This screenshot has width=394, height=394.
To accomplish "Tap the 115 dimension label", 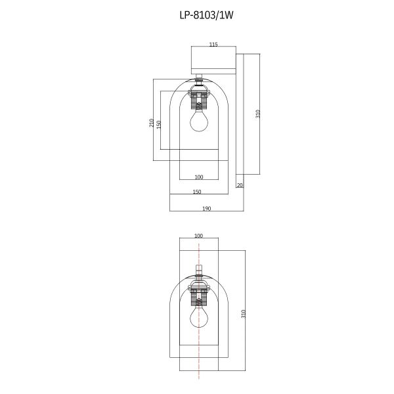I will (213, 45).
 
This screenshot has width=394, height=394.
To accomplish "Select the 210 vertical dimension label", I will (151, 123).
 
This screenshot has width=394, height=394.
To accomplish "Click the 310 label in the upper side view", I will (258, 114).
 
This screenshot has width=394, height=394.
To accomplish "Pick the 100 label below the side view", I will (199, 177).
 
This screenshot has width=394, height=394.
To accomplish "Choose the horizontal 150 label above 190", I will (196, 192).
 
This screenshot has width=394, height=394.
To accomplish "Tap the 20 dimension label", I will (240, 185).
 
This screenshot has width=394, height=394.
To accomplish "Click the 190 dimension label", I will (206, 208).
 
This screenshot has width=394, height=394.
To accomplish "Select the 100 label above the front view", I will (199, 236).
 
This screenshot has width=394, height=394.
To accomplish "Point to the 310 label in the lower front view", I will (243, 314).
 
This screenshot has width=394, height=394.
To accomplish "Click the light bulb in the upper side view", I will (199, 121).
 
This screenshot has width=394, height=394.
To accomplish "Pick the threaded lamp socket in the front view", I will (199, 297).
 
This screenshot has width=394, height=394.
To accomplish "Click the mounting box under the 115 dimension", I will (213, 61).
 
